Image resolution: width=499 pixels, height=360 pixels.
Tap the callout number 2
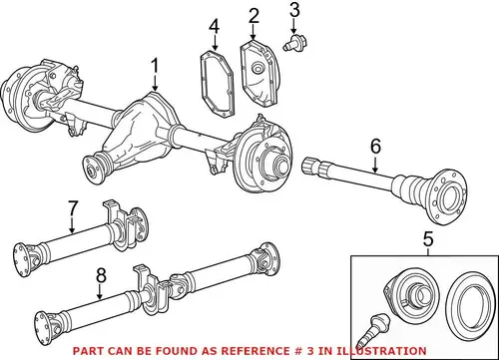click(253, 16)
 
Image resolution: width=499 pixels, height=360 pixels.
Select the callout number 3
click(294, 10)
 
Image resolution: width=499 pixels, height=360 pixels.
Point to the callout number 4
click(215, 27)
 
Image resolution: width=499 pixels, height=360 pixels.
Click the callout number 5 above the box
click(428, 239)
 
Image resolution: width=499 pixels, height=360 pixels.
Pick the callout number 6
click(375, 147)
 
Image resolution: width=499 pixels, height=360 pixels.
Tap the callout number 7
click(73, 208)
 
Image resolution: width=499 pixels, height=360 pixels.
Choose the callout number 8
click(101, 275)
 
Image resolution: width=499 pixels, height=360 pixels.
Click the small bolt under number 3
click(295, 44)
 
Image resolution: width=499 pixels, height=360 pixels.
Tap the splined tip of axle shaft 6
click(310, 166)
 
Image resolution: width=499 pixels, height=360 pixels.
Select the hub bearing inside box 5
click(411, 295)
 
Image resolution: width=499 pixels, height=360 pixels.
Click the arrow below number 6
click(375, 164)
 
